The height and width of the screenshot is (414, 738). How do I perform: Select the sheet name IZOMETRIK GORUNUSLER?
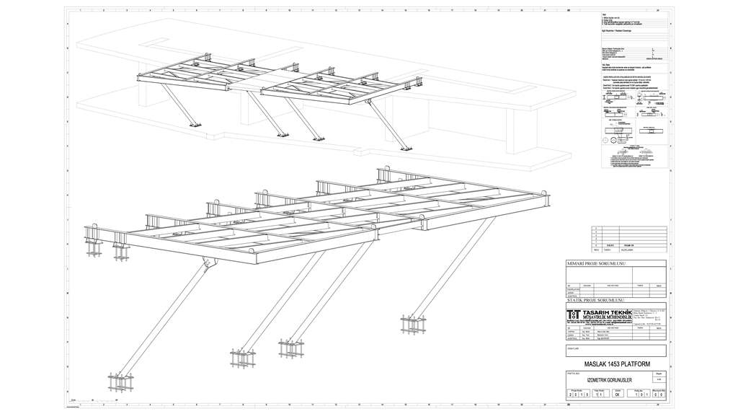[604, 380]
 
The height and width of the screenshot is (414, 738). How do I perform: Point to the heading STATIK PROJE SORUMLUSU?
[595, 299]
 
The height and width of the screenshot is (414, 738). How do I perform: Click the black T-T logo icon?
[574, 314]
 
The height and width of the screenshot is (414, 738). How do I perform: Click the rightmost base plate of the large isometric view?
[412, 324]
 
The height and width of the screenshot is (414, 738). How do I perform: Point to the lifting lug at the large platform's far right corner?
[544, 194]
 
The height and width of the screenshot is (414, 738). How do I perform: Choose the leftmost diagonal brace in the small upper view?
[177, 107]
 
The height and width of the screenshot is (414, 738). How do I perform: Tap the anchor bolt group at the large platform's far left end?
[94, 245]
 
